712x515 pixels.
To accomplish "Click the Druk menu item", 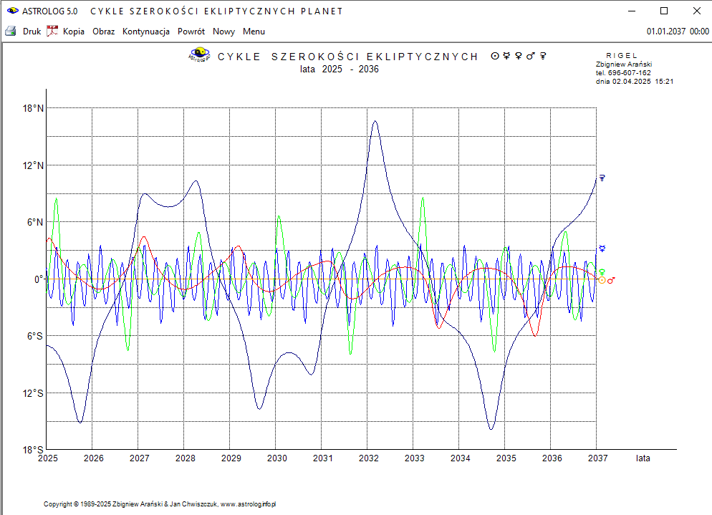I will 32,32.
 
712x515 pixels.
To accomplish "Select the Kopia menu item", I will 73,32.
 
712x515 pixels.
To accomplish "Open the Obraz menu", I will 103,32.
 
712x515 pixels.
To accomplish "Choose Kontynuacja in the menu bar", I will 145,32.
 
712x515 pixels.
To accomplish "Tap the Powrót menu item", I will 191,32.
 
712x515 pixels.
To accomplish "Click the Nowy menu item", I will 223,32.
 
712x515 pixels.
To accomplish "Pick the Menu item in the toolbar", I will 254,32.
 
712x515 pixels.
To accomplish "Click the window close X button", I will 697,11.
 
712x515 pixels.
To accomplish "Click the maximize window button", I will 664,11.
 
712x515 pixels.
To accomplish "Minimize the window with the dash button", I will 631,11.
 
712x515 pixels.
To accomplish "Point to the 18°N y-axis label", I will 33,109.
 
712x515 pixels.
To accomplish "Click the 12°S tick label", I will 33,393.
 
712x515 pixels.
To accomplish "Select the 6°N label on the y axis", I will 33,223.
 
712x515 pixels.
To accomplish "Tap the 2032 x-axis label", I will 368,458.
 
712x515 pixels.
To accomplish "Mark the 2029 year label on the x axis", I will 231,458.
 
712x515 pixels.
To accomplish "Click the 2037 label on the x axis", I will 597,458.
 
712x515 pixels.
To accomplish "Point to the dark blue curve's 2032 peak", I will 375,122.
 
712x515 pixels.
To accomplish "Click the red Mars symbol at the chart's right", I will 611,280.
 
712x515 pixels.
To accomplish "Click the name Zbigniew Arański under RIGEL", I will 623,64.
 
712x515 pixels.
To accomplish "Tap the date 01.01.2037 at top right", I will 666,32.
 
